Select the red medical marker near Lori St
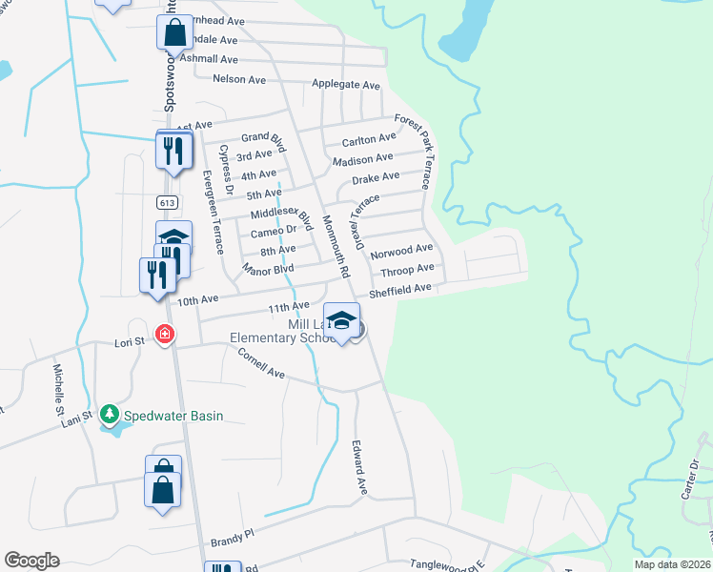point(165,334)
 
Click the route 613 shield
point(166,202)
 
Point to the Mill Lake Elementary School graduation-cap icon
point(341,319)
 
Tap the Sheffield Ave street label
point(400,289)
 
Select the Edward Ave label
point(359,466)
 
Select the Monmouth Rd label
point(333,242)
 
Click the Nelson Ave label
point(239,79)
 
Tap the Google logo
point(31,561)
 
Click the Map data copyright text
point(671,564)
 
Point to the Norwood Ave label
point(401,252)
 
